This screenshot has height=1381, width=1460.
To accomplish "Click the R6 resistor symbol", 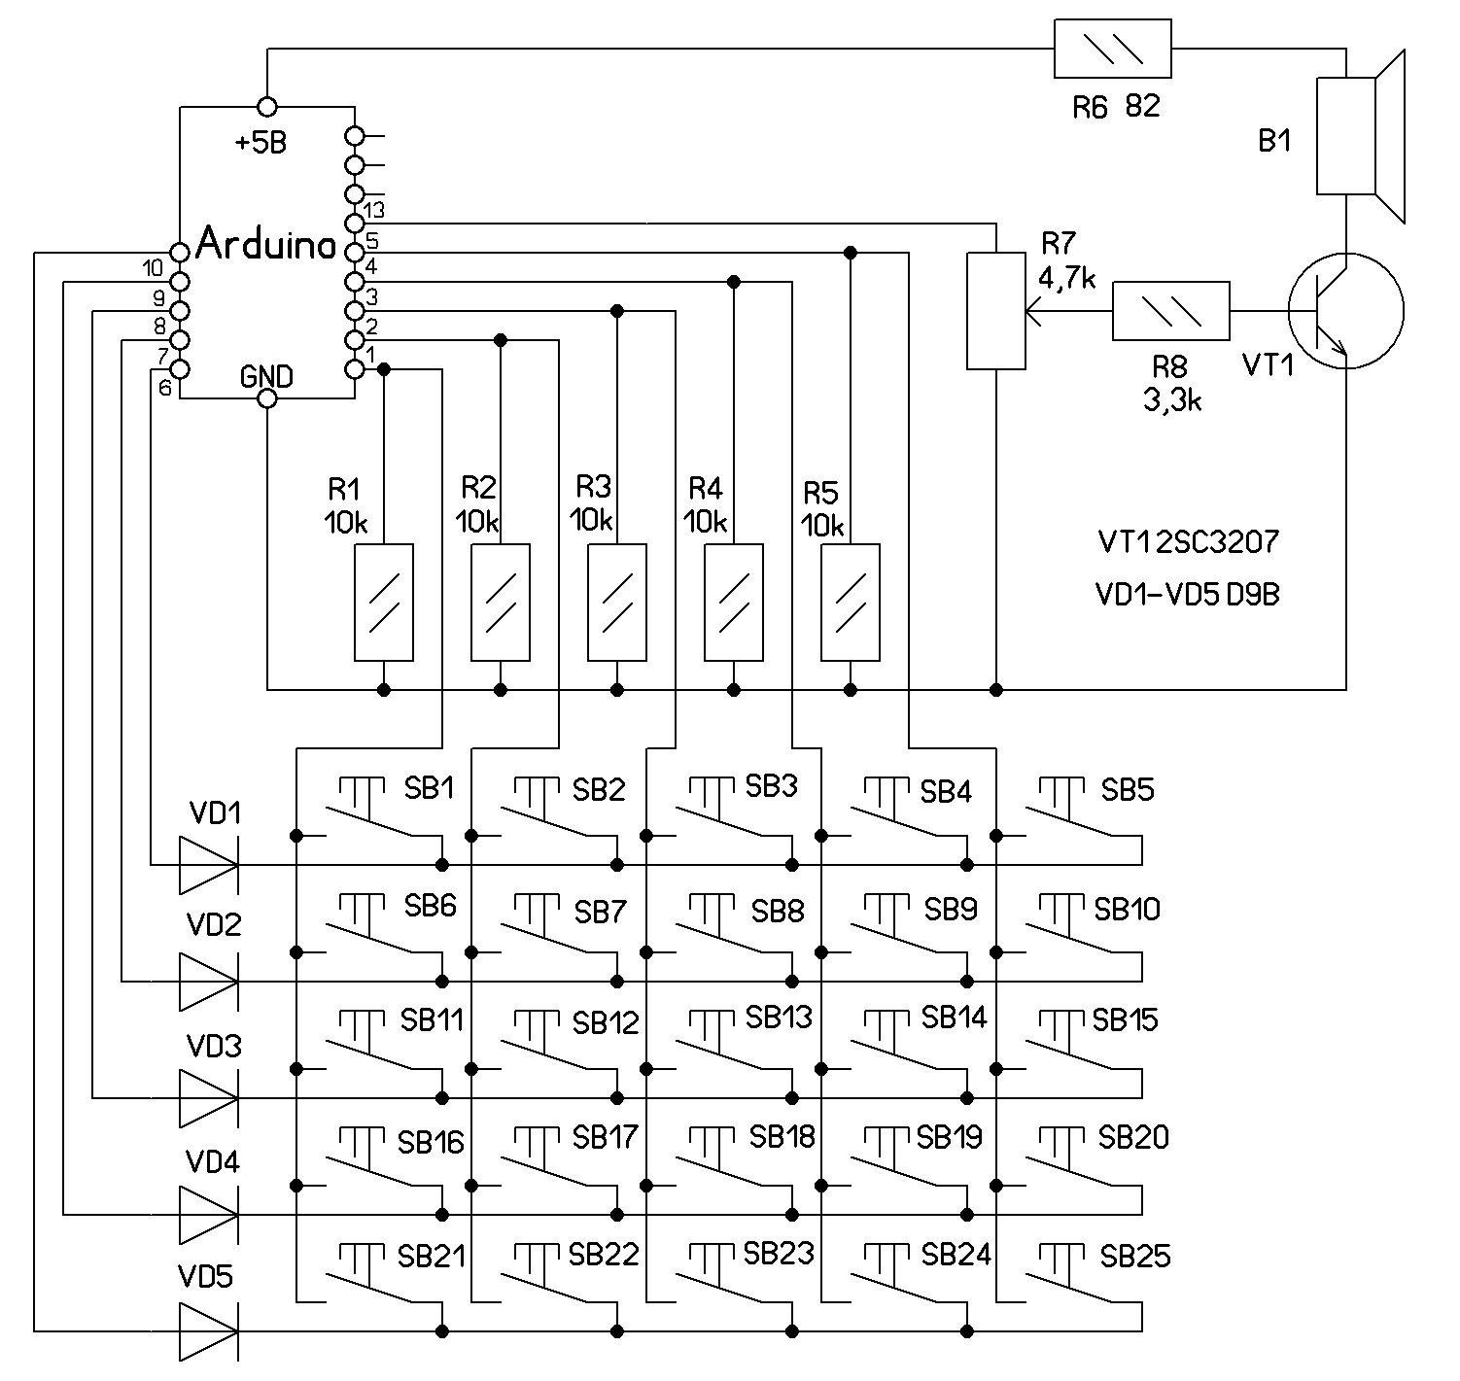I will (x=1112, y=48).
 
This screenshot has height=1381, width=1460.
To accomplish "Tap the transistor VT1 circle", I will (x=1345, y=311).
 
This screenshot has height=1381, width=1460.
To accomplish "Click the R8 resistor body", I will (x=1170, y=311).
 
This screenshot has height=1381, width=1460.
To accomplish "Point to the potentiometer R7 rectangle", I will (x=995, y=311).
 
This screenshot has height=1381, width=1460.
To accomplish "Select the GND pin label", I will (x=266, y=377).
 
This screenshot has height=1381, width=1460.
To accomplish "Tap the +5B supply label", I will (x=261, y=144).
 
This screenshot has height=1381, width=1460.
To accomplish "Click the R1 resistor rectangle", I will (x=384, y=603).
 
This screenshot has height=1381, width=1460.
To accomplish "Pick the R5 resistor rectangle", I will (x=851, y=603).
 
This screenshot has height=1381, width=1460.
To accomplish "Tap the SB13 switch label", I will (x=779, y=1018).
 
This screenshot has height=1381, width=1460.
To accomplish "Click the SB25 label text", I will (x=1135, y=1257).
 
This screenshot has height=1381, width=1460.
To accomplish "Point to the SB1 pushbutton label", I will (x=429, y=788).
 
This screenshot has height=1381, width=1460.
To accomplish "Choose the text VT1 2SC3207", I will (x=1188, y=542).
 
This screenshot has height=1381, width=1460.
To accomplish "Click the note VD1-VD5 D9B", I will (x=1188, y=595).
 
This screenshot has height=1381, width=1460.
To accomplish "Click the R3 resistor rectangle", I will (x=617, y=603).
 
